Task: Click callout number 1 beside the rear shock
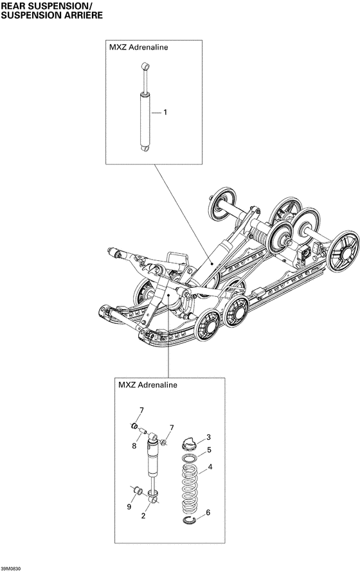165,113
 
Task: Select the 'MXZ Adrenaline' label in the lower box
147,385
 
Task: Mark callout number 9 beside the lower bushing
129,507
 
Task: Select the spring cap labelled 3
189,442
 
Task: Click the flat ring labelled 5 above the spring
190,457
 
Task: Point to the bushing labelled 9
136,493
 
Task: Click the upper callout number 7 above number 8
142,410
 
